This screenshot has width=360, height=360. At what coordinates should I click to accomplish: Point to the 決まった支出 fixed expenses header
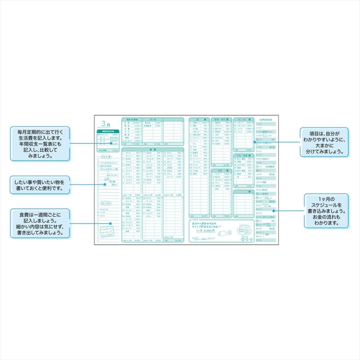pyautogui.click(x=131, y=119)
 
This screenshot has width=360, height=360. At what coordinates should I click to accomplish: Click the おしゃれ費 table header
pyautogui.click(x=243, y=119)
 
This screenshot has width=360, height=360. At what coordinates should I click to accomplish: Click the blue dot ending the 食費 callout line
pyautogui.click(x=111, y=223)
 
